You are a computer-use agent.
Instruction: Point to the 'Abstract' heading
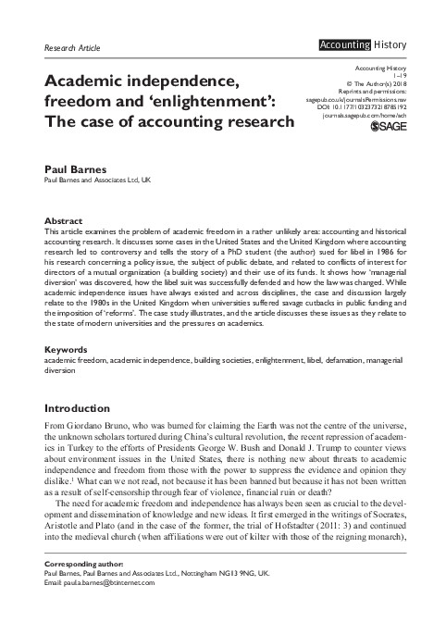click(64, 221)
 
